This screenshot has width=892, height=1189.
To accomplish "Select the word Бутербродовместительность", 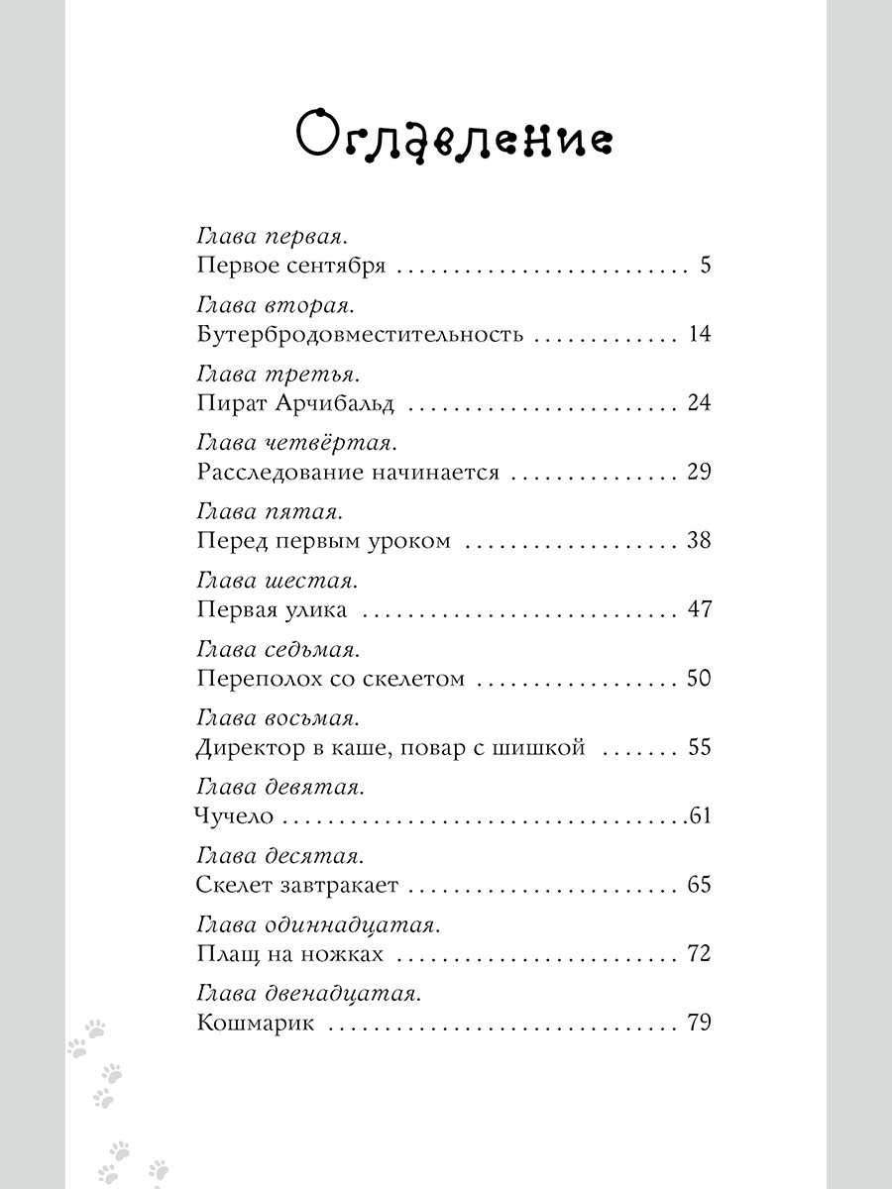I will tap(360, 334).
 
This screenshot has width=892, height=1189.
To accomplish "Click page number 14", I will tap(699, 334).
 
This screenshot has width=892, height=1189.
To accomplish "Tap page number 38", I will tap(699, 541).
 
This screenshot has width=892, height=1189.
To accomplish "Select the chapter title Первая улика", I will tap(273, 609).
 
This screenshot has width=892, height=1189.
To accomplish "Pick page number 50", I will tap(699, 679).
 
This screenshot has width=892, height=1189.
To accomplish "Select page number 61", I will tap(702, 816).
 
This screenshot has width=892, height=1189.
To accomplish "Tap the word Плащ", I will tap(224, 954).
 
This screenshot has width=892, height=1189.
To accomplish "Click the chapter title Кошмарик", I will tap(256, 1023).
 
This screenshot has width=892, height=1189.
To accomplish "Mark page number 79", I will tap(699, 1023).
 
